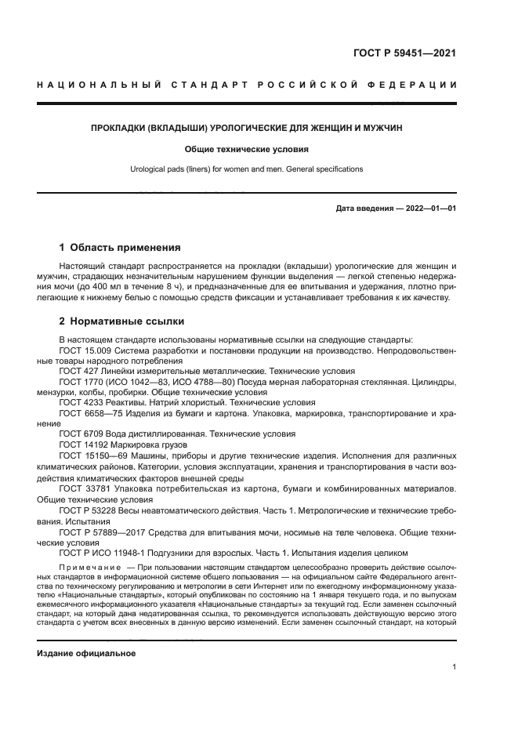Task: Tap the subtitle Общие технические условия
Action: [246, 148]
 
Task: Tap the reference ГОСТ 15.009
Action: [86, 350]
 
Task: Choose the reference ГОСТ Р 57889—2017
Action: [107, 529]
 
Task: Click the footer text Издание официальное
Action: [86, 653]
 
